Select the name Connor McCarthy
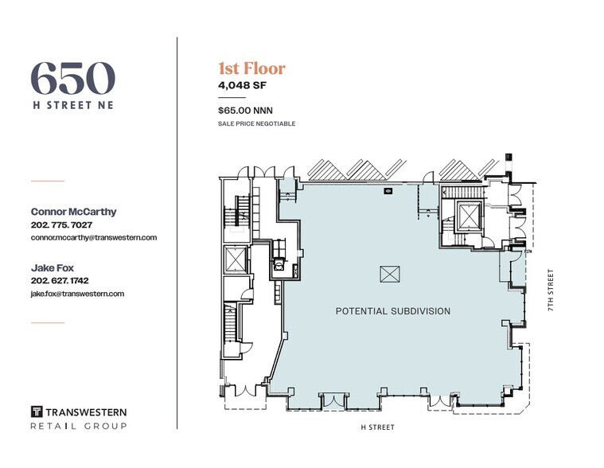[x=72, y=212]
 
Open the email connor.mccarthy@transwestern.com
[x=93, y=237]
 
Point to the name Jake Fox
[x=53, y=268]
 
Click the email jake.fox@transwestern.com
[x=77, y=294]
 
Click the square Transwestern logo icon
[x=37, y=411]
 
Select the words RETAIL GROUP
[x=78, y=427]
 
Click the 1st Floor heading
[x=251, y=68]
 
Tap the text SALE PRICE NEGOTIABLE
[x=256, y=124]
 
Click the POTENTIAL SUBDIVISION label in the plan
[x=393, y=311]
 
